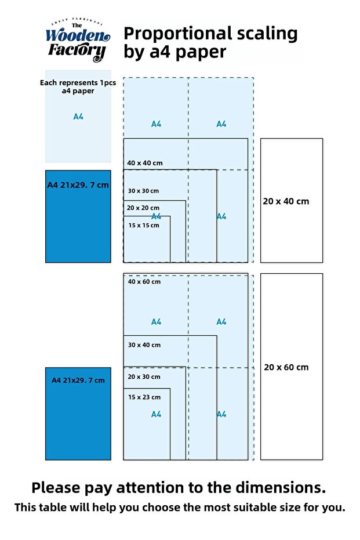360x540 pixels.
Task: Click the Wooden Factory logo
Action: [78, 40]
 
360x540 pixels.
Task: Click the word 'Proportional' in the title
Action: [177, 34]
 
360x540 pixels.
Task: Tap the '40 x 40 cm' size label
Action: [145, 163]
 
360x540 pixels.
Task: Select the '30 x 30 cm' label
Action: [144, 191]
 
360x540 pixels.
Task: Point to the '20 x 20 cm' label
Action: [143, 208]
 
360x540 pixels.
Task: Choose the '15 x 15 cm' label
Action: [144, 225]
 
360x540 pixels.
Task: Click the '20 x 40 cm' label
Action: [286, 201]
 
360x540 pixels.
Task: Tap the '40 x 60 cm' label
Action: [144, 282]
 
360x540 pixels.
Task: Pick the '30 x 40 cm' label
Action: [144, 345]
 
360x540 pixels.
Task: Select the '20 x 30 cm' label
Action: [144, 377]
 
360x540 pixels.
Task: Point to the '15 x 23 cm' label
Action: [144, 397]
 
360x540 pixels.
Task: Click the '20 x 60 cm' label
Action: [286, 368]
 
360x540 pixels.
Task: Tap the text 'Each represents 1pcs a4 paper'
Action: [78, 87]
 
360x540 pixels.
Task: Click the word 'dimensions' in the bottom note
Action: [281, 488]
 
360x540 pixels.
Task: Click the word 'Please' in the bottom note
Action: [56, 488]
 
